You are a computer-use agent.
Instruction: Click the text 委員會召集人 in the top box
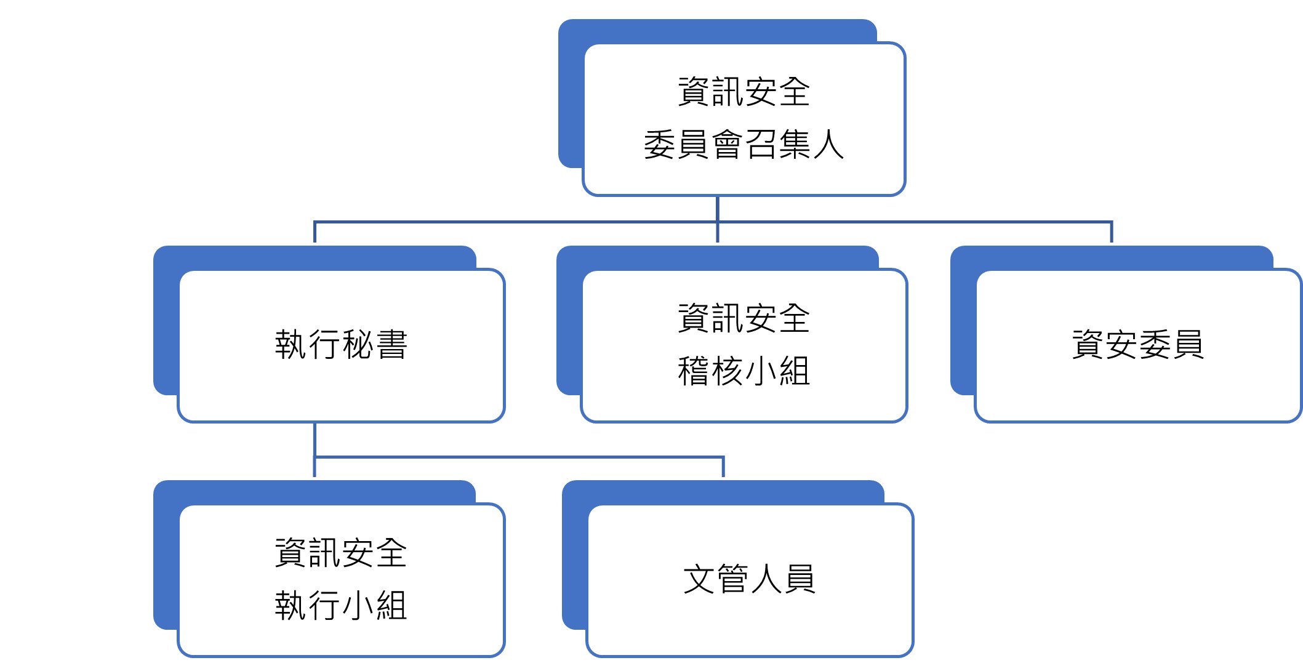744,145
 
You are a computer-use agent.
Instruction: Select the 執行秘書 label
341,344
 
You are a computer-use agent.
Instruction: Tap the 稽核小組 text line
744,371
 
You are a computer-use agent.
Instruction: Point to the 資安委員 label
1138,344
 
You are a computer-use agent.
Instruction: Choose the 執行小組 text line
341,605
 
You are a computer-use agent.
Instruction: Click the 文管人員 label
749,579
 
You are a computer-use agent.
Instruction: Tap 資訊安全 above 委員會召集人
744,92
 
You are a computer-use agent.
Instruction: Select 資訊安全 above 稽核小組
744,318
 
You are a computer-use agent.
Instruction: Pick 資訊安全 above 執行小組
341,552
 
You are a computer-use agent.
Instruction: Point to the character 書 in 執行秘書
391,344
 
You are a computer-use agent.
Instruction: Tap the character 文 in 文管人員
699,579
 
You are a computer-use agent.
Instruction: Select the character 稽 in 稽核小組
694,371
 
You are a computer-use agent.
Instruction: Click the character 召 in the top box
761,145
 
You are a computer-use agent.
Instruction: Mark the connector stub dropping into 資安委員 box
1112,232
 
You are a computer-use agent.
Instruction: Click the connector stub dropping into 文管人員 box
723,467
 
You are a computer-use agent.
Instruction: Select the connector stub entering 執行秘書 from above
315,232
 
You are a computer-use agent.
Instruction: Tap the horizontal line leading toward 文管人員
519,457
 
